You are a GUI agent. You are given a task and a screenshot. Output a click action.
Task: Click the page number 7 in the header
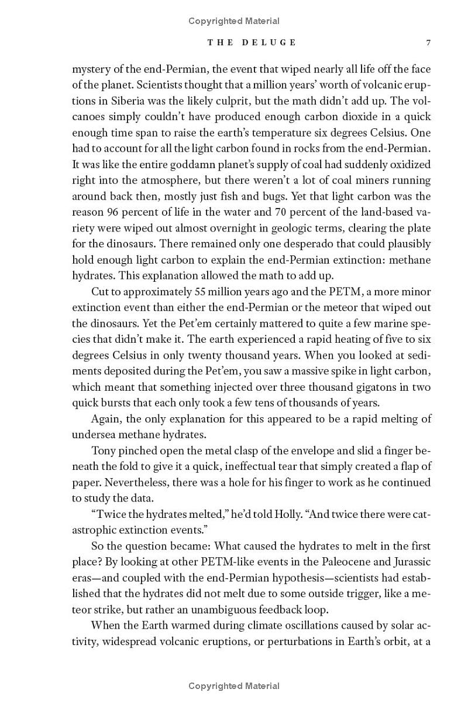[428, 43]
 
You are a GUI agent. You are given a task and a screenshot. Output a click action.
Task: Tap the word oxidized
[408, 164]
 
